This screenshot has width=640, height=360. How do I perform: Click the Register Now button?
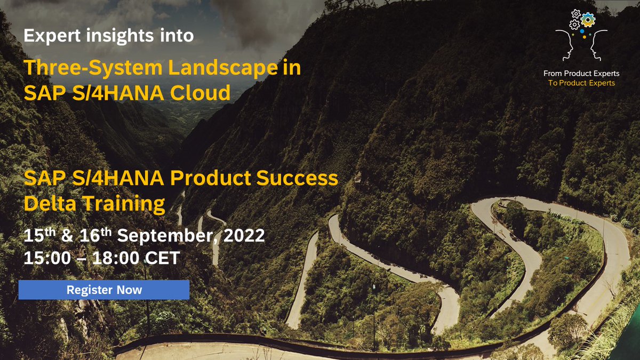pyautogui.click(x=104, y=290)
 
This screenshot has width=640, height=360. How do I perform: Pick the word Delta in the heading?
pyautogui.click(x=49, y=204)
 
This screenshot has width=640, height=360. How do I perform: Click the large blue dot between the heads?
pyautogui.click(x=582, y=31)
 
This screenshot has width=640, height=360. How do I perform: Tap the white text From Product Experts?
pyautogui.click(x=581, y=74)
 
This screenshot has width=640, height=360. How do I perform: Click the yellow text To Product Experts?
pyautogui.click(x=581, y=83)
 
